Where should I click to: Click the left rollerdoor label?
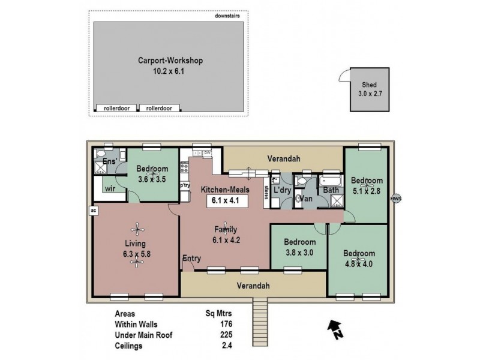click(116, 108)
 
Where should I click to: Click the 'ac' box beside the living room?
click(94, 211)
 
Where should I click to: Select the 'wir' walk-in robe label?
click(110, 188)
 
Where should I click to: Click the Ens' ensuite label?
click(109, 162)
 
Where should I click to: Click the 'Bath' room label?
click(331, 191)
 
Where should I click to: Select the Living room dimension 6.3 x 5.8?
click(137, 254)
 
